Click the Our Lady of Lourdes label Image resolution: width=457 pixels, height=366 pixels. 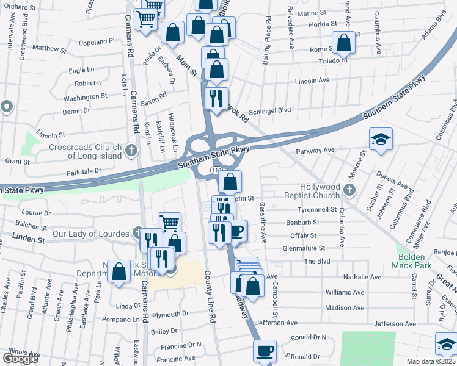click(91, 234)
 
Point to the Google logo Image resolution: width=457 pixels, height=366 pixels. click(20, 359)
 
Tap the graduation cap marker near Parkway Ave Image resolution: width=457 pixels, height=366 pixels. click(381, 139)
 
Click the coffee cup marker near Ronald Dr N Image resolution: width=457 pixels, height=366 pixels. click(265, 351)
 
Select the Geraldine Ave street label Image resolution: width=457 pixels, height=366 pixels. click(262, 223)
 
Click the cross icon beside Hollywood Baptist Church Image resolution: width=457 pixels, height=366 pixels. click(349, 190)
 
